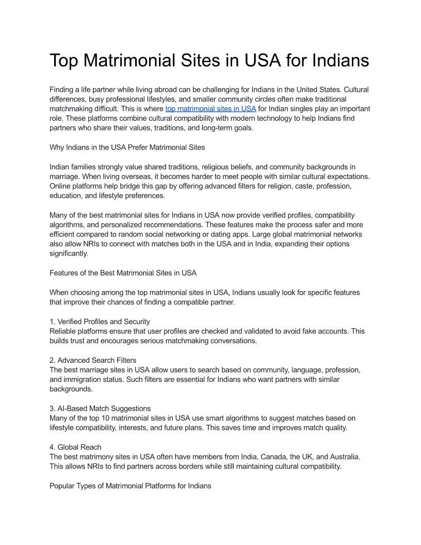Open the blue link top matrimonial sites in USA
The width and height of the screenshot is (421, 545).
pos(211,109)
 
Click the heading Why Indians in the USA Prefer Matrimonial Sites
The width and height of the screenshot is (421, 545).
pos(127,148)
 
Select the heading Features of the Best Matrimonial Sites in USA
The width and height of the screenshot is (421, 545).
pos(123,272)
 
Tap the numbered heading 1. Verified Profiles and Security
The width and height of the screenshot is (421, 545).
pos(100,322)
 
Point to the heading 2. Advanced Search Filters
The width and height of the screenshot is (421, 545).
pos(93,360)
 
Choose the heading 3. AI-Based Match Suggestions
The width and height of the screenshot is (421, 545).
pos(100,408)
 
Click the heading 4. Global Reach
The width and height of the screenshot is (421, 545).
pos(75,447)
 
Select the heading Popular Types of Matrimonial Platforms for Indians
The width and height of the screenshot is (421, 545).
pos(130,486)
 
